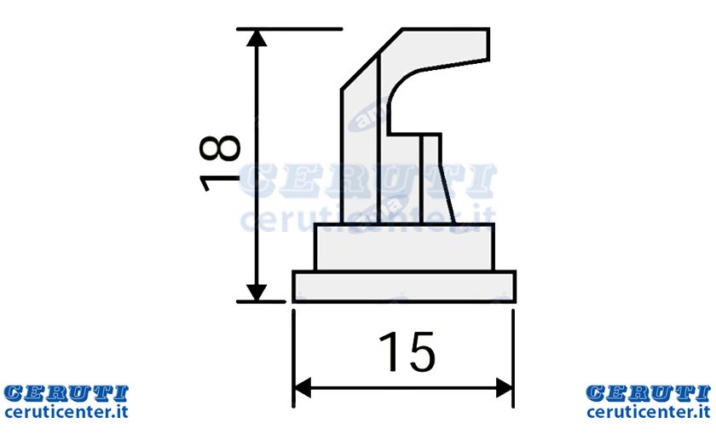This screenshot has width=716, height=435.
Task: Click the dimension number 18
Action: point(220,163)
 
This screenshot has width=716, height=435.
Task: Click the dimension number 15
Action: point(407,351)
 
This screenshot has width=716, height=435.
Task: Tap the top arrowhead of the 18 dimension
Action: point(257,38)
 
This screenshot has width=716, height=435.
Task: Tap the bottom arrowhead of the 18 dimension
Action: point(257,293)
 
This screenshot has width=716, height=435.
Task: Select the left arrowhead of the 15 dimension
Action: point(302,388)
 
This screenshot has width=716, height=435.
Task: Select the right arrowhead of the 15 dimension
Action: point(505,388)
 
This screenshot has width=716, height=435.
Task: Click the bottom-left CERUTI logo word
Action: point(66,393)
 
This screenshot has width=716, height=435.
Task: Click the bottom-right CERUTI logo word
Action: point(649,393)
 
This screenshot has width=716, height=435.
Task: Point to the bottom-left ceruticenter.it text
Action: point(66,412)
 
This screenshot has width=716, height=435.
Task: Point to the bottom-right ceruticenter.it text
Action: point(649,412)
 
